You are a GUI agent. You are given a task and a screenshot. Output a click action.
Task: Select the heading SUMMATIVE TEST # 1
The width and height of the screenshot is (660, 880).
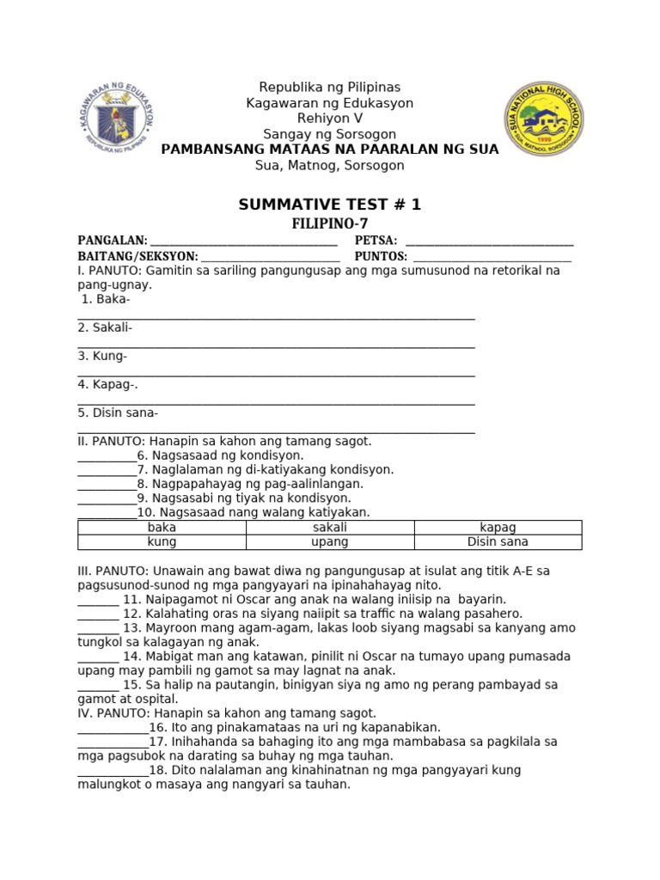[330, 205]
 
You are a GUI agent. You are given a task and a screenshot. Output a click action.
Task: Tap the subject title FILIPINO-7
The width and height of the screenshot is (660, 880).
[330, 223]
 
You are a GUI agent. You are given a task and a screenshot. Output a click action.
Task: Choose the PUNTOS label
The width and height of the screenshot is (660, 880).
[381, 256]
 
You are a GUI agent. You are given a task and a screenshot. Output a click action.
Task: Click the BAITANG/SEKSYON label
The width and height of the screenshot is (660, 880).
[137, 256]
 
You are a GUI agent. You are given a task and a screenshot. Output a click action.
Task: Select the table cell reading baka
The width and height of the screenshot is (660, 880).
[162, 528]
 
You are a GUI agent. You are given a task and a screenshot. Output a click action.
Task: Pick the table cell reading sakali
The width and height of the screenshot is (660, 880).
[330, 528]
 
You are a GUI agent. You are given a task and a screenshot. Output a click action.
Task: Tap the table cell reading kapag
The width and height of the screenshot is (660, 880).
[498, 528]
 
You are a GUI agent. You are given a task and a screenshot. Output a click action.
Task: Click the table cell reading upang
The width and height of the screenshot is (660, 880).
[330, 542]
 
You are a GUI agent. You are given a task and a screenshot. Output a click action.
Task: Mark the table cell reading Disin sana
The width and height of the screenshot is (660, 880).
[498, 542]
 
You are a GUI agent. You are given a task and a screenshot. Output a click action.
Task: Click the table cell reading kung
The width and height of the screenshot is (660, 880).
[162, 542]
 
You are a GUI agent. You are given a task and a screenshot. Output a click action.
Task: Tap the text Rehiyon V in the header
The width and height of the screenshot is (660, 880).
[330, 119]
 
